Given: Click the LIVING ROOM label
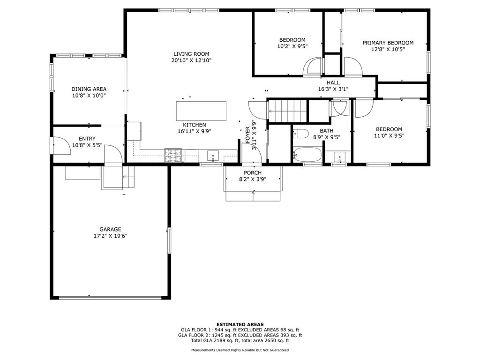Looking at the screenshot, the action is [191, 54].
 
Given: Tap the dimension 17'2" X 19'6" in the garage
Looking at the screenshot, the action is [110, 236].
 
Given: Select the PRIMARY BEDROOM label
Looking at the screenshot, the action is [388, 43].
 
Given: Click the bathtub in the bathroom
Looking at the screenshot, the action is [307, 155].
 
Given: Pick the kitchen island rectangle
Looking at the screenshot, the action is [201, 111].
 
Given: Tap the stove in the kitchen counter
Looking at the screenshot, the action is [173, 155].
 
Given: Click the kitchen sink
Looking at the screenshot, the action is [213, 156].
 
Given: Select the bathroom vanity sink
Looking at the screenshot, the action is [339, 157].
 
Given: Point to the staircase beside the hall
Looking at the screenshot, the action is [287, 111].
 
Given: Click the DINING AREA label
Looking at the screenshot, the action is [89, 89].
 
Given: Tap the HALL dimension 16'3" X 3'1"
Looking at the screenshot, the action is [333, 90].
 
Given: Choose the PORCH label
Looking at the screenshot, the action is [253, 173].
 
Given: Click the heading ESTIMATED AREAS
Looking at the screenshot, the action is [240, 324].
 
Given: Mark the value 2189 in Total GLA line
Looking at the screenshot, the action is [221, 340].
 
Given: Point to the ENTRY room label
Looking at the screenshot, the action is [87, 139].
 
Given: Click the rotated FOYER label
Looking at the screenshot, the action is [247, 135].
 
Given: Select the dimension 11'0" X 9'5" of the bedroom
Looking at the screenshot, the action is [389, 136].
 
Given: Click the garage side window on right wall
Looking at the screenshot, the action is [169, 240].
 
